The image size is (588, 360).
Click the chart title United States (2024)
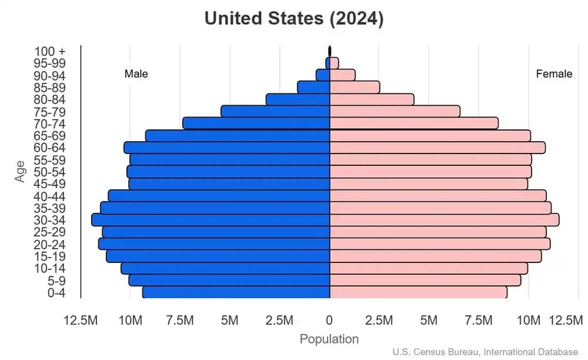click(x=294, y=19)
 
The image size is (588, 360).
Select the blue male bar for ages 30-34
click(x=211, y=219)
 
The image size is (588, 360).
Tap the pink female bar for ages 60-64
click(x=437, y=148)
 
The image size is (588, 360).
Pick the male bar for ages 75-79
click(x=275, y=111)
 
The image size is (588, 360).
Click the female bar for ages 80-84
click(x=372, y=99)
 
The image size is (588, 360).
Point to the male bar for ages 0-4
click(x=236, y=292)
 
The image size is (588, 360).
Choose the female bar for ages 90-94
click(x=342, y=75)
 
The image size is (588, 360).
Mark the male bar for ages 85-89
click(x=313, y=87)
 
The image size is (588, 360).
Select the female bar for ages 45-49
click(x=429, y=184)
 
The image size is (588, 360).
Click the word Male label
click(x=136, y=74)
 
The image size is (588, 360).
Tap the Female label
click(x=554, y=74)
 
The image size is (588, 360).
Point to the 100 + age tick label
click(x=49, y=51)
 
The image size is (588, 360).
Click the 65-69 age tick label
click(x=49, y=136)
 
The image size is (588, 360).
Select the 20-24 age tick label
click(x=49, y=244)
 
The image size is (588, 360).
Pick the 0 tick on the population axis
click(x=329, y=321)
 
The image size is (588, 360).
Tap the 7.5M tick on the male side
click(x=180, y=321)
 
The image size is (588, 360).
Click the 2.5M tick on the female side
click(x=379, y=321)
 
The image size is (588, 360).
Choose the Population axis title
click(x=329, y=339)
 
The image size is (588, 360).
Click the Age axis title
click(x=21, y=171)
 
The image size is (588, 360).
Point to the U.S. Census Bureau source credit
click(x=485, y=352)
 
